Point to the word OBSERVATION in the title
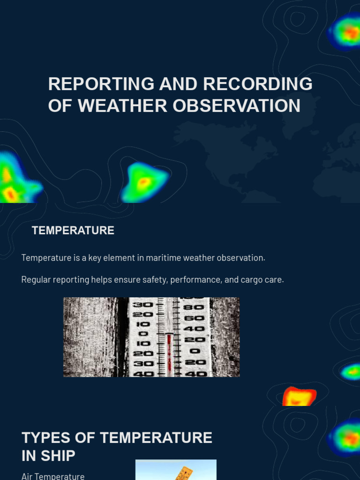[236, 105]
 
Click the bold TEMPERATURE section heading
[73, 231]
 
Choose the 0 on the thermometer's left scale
[143, 334]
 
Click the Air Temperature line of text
[53, 476]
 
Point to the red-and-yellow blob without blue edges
[299, 397]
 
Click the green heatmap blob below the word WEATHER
[143, 183]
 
